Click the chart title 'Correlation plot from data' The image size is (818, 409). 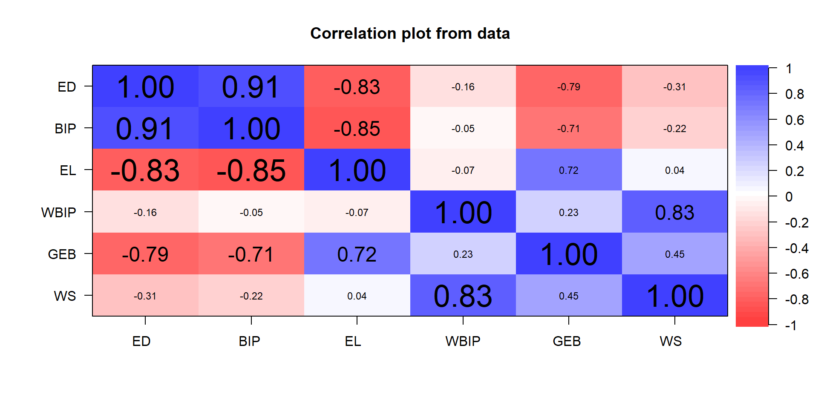pos(410,33)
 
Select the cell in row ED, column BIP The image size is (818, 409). pos(251,86)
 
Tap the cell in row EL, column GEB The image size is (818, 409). pos(569,170)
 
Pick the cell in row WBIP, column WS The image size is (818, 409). pos(675,212)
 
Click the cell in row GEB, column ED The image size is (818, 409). pos(145,254)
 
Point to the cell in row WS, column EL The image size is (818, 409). pos(357,296)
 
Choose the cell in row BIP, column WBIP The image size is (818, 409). pos(463,128)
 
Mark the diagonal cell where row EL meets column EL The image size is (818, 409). pos(357,170)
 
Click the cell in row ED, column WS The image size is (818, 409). pos(675,86)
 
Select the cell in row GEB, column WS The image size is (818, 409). pos(675,254)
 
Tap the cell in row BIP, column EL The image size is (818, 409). pos(357,128)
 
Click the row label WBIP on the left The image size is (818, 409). pos(58,212)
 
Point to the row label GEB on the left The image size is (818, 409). pos(62,254)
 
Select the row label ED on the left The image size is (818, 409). pos(67,87)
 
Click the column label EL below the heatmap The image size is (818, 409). pos(353,341)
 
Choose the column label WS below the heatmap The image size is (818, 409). pos(671,341)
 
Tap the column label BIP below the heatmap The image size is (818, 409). pos(249,341)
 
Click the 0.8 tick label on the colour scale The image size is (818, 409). pos(795,94)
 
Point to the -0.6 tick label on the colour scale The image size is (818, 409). pos(797,274)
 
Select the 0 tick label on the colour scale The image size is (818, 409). pos(789,197)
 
